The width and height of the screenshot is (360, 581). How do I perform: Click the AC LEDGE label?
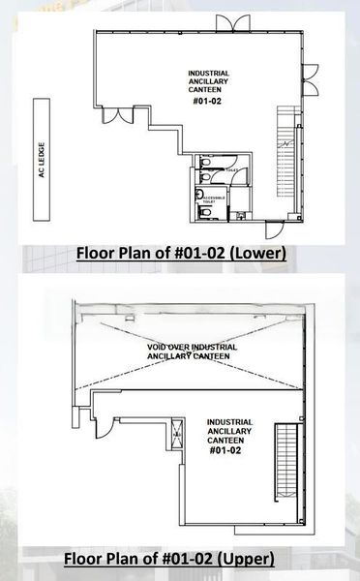pos(42,160)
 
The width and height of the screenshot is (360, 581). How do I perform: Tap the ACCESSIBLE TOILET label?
pos(214,199)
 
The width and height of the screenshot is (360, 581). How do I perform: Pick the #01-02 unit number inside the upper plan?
pos(230,449)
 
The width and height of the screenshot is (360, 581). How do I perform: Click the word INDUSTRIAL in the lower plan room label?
pos(210,74)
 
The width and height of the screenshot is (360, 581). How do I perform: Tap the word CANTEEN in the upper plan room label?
pos(230,441)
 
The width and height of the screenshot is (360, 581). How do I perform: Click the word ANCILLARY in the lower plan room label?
pos(210,82)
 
